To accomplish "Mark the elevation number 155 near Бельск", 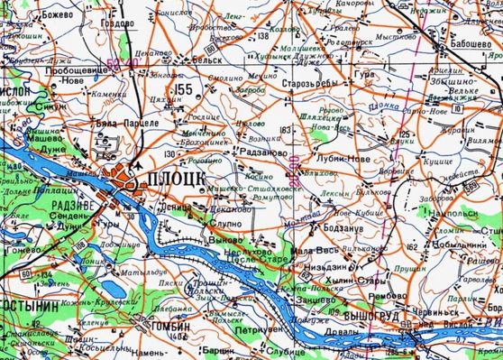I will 184,88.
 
